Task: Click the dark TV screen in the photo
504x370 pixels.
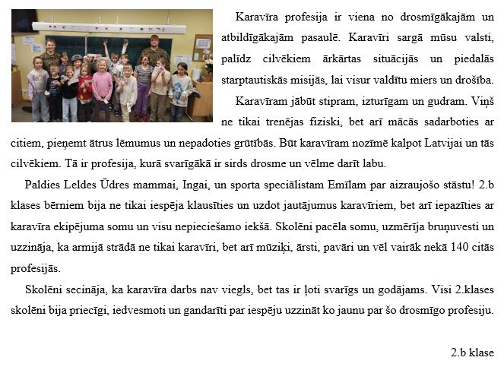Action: (24, 21)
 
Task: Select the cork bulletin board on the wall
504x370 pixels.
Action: (201, 48)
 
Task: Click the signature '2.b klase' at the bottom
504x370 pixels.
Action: (472, 353)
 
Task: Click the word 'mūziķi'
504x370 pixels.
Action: (266, 248)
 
